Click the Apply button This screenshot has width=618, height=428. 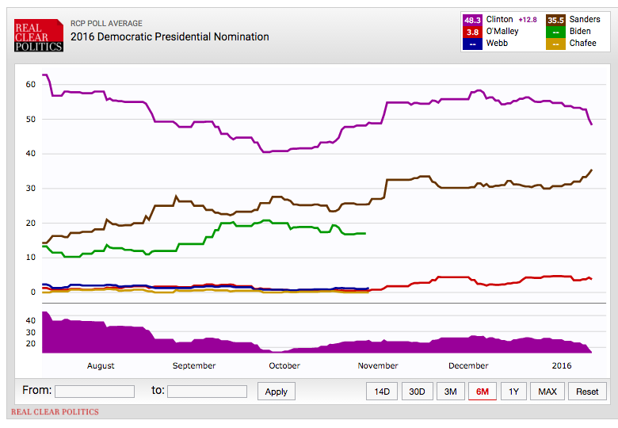277,392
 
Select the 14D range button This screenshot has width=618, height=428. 382,392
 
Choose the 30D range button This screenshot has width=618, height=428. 416,392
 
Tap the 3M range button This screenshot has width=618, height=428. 450,392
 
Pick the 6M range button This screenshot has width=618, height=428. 483,392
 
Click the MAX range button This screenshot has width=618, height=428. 547,392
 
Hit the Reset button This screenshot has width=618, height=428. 587,392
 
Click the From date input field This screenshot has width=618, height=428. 94,392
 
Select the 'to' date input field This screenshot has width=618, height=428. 207,392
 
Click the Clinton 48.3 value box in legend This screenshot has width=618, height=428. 472,20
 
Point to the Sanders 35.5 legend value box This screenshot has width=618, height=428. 556,20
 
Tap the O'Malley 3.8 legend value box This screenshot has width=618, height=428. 472,32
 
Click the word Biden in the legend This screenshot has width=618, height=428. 581,32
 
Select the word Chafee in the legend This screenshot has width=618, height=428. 583,44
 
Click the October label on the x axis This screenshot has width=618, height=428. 284,365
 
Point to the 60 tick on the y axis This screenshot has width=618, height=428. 31,84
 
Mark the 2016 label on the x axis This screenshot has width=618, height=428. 561,365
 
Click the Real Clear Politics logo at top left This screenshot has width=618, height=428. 38,36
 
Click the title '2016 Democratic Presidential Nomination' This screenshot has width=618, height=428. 170,36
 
